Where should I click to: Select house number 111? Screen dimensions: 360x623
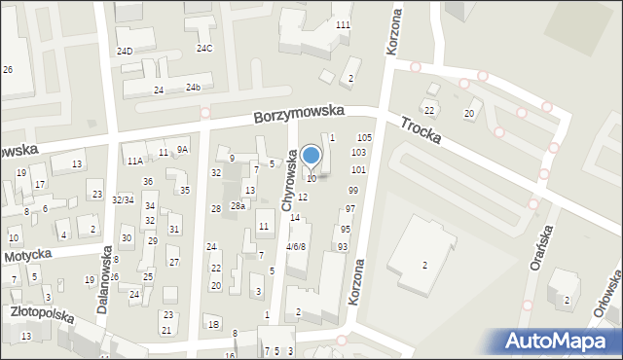click(x=343, y=24)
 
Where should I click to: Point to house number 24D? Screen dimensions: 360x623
click(x=125, y=51)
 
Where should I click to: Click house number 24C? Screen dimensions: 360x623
click(x=204, y=48)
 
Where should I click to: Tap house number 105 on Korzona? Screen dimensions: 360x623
click(x=364, y=138)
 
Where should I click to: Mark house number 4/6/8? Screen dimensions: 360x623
click(x=296, y=247)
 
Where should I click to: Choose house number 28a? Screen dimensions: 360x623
click(x=238, y=205)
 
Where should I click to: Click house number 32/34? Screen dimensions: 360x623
click(x=123, y=199)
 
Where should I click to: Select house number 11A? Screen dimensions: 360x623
click(x=134, y=161)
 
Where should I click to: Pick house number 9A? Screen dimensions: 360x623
click(x=182, y=149)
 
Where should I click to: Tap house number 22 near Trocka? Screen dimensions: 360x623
click(x=428, y=111)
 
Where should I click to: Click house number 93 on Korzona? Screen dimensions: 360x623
click(x=343, y=247)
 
